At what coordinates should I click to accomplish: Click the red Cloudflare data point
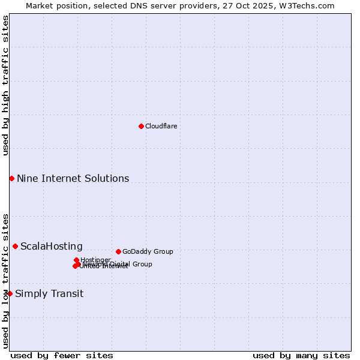[141, 126]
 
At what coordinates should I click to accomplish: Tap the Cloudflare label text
[161, 126]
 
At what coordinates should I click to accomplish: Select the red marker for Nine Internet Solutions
[11, 178]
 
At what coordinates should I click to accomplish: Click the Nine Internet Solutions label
[73, 178]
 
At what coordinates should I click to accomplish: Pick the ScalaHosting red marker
[15, 246]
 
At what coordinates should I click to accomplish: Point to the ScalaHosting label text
[52, 246]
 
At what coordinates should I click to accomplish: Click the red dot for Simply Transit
[10, 293]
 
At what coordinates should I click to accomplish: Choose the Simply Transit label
[49, 293]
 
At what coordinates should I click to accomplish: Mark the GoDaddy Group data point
[118, 251]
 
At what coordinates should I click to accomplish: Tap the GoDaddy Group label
[148, 251]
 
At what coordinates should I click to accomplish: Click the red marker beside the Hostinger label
[76, 260]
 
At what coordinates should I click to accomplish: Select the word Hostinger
[96, 259]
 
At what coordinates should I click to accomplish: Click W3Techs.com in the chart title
[310, 5]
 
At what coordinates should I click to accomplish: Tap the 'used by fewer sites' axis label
[62, 355]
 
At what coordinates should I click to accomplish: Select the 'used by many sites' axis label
[301, 355]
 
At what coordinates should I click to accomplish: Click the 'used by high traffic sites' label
[5, 85]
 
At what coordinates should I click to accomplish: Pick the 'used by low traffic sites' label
[5, 280]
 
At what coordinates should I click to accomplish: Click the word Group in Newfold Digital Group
[142, 264]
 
